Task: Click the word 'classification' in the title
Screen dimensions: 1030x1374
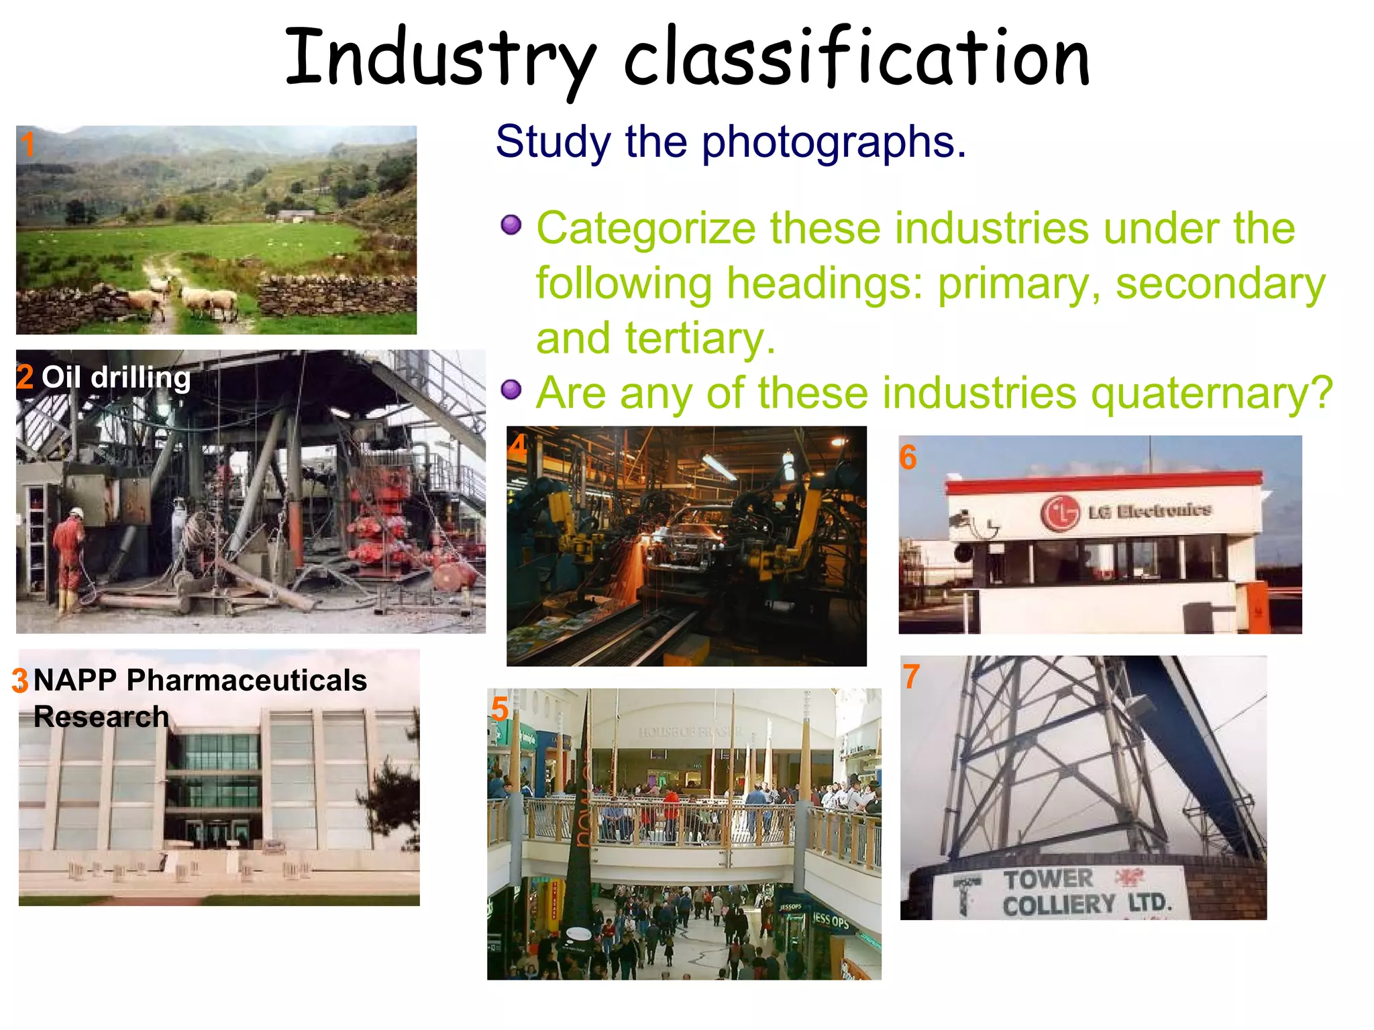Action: [856, 59]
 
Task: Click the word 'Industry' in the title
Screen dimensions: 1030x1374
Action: [439, 59]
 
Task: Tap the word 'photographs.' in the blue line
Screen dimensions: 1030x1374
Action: [833, 142]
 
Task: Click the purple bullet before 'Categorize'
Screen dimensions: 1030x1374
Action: [511, 225]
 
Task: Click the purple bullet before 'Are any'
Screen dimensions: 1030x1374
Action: [511, 390]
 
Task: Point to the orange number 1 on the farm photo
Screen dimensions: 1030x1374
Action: [28, 145]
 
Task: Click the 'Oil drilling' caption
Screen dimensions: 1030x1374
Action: [116, 378]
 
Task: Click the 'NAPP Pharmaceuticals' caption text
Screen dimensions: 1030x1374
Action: [200, 681]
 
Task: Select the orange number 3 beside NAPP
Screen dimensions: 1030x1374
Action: [20, 681]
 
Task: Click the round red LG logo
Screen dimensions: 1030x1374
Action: [1060, 514]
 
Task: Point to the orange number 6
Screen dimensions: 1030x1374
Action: [908, 458]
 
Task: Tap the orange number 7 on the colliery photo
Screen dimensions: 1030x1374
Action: [911, 677]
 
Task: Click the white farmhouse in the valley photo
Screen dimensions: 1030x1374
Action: [295, 216]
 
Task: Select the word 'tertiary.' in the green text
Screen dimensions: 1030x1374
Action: [700, 339]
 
